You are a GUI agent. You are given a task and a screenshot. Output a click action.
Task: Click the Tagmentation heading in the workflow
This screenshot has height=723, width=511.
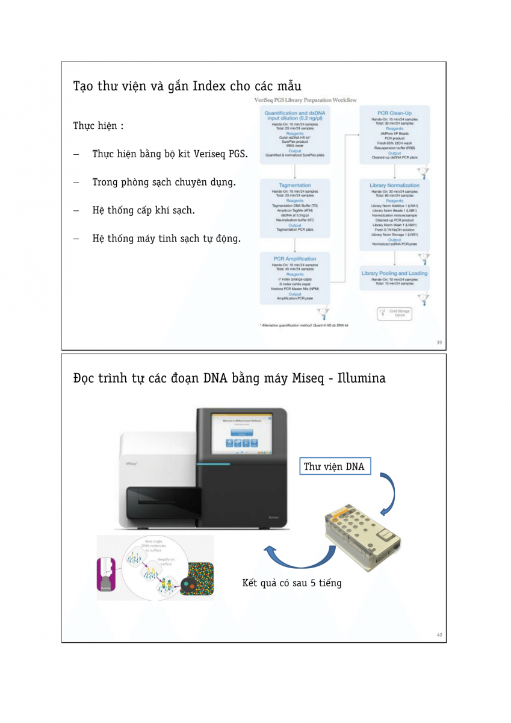point(295,185)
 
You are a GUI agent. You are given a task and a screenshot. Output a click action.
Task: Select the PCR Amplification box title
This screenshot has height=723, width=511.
point(295,258)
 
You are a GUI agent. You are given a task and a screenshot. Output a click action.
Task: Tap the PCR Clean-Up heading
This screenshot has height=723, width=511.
point(395,113)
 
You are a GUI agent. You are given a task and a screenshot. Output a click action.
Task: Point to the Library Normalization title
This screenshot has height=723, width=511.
point(395,185)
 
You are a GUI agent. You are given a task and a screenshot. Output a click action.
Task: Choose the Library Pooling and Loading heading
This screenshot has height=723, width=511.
point(395,273)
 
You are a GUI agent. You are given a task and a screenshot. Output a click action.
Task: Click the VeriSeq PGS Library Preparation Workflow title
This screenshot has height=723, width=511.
point(306,100)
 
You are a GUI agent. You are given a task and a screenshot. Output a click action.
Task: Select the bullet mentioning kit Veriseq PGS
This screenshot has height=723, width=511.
point(170,154)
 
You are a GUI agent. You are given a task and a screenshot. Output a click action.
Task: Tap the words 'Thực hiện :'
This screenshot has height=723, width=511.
point(98,126)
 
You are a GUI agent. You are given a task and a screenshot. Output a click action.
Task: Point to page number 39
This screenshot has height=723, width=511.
point(439,342)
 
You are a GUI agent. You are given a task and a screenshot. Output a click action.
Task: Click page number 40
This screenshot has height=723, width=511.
point(439,634)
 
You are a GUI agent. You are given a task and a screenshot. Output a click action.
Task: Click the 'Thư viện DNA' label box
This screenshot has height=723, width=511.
point(333,466)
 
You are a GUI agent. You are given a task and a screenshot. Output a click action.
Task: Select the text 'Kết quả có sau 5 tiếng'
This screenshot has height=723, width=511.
point(292,583)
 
